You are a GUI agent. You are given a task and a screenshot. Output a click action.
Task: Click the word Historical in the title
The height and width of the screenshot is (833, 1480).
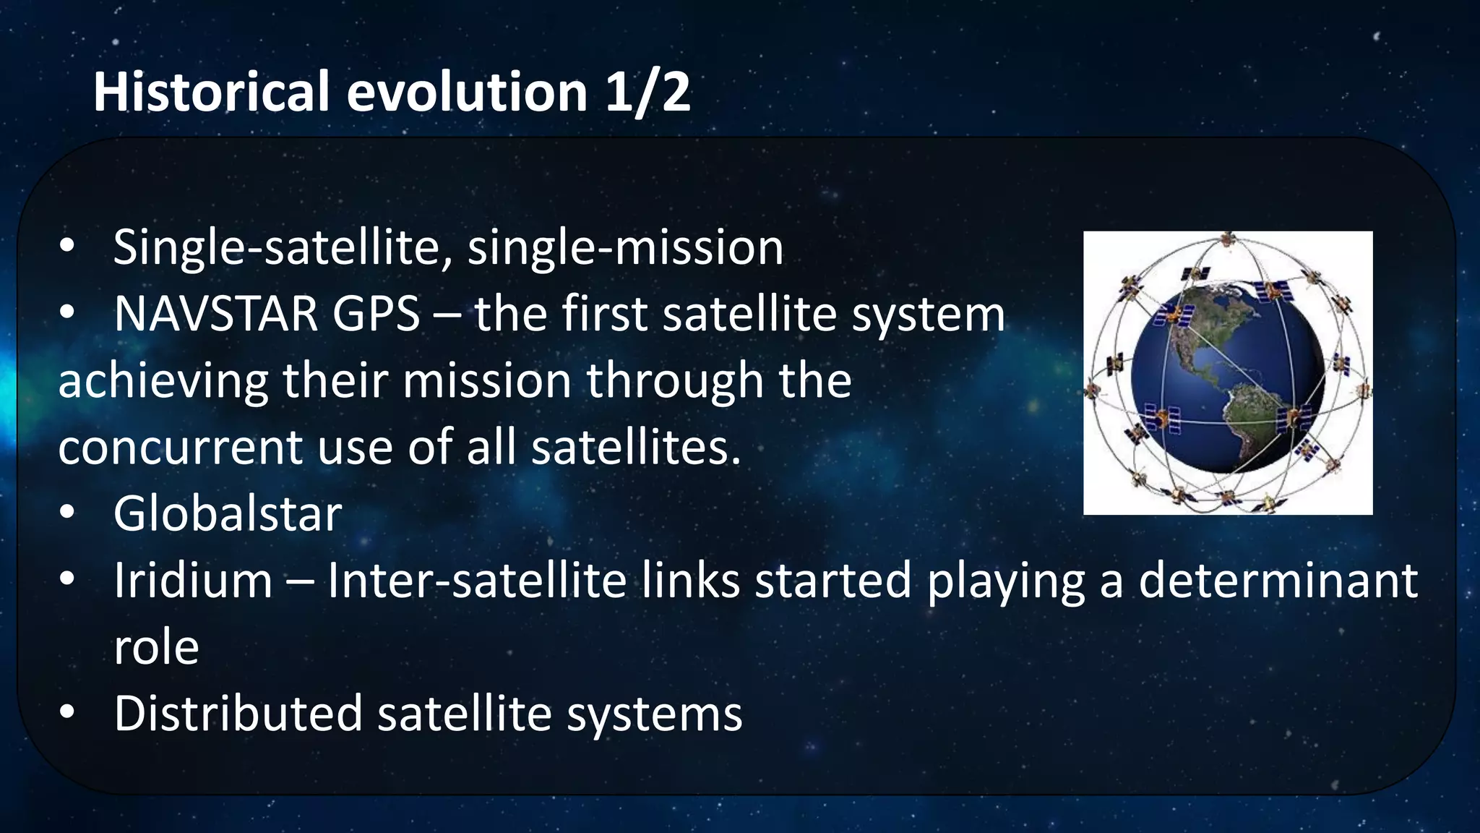[211, 92]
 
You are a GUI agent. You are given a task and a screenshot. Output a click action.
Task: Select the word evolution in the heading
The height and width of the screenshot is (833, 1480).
[467, 92]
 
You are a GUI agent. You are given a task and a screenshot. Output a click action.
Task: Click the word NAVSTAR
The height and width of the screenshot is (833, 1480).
[215, 315]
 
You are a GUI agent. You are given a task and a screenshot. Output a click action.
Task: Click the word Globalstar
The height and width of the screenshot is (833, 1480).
[228, 514]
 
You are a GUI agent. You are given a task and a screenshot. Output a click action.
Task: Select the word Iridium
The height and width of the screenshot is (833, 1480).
[193, 581]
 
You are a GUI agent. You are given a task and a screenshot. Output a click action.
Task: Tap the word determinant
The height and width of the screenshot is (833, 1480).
[1278, 581]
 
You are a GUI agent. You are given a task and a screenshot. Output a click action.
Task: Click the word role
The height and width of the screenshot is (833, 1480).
[156, 647]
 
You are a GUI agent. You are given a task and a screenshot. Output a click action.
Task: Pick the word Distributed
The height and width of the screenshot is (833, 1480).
[238, 714]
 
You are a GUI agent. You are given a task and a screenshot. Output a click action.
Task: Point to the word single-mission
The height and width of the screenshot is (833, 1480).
[625, 248]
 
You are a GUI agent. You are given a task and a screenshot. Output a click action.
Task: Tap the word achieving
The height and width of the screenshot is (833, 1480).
[163, 381]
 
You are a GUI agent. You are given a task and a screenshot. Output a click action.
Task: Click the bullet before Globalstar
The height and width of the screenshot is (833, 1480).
[67, 513]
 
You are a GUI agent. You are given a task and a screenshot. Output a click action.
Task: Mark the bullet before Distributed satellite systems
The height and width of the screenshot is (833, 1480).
[67, 713]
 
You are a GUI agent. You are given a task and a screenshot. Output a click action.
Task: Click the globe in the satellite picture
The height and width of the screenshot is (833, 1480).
[1228, 376]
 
